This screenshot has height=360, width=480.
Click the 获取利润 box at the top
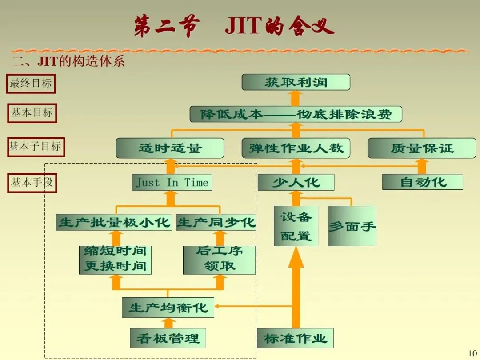[296, 82]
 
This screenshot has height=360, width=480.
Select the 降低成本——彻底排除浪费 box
[296, 114]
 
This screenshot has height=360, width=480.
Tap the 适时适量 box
[170, 148]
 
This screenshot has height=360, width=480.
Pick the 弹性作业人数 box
[296, 148]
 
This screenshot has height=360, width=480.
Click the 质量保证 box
[421, 148]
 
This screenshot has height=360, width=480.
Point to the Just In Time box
[172, 182]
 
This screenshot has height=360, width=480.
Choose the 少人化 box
[296, 182]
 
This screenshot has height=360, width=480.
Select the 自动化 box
[422, 182]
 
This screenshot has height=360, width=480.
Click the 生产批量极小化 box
[114, 222]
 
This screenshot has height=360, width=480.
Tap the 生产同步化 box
[216, 222]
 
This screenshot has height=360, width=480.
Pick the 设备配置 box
[296, 226]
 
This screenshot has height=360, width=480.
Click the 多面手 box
[352, 226]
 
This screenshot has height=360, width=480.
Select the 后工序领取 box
[219, 260]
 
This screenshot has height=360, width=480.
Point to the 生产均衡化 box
[168, 308]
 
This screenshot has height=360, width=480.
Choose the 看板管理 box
[168, 338]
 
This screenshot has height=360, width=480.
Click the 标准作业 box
[295, 338]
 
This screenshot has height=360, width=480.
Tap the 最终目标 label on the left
[31, 83]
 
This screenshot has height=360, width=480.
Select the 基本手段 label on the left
[32, 182]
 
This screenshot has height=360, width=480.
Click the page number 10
[472, 354]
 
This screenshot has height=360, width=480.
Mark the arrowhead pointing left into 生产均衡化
[218, 306]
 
